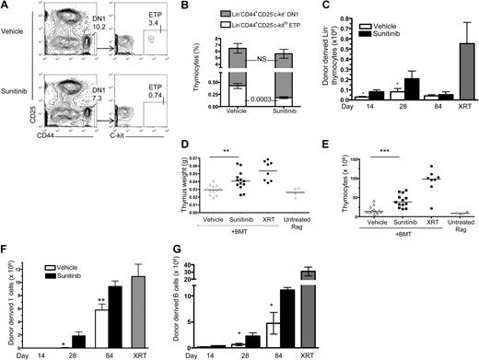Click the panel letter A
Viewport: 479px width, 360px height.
coord(7,7)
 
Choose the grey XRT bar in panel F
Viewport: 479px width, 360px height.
coord(140,302)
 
